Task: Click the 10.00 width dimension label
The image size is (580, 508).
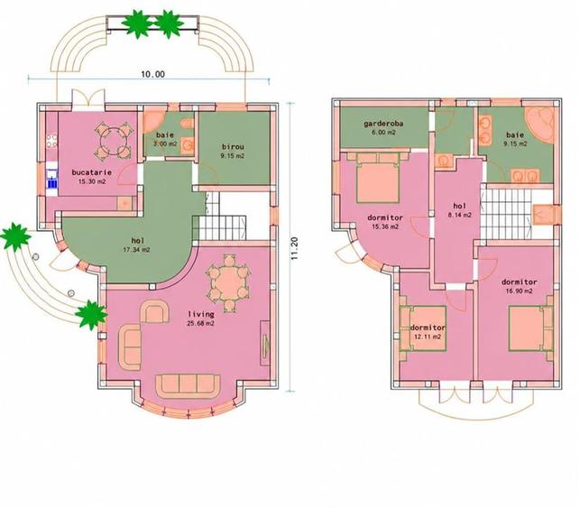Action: [152, 74]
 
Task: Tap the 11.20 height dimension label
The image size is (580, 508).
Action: [294, 249]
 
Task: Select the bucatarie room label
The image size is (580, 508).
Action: [92, 172]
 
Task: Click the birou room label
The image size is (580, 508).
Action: [233, 146]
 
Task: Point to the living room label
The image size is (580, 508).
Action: [201, 314]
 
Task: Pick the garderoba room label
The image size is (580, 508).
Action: [383, 124]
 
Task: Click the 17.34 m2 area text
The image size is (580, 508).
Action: [136, 250]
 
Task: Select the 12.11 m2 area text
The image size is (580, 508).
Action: [428, 337]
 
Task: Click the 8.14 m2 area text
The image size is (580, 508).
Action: [459, 215]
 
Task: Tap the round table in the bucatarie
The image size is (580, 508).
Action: [113, 140]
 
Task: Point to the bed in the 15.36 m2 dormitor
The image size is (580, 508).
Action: [378, 178]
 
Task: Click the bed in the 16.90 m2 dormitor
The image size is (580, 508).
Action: [530, 328]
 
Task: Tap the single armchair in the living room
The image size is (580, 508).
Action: [154, 311]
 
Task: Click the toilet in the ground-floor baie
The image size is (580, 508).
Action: [189, 124]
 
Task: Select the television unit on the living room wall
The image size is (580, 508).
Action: [265, 343]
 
